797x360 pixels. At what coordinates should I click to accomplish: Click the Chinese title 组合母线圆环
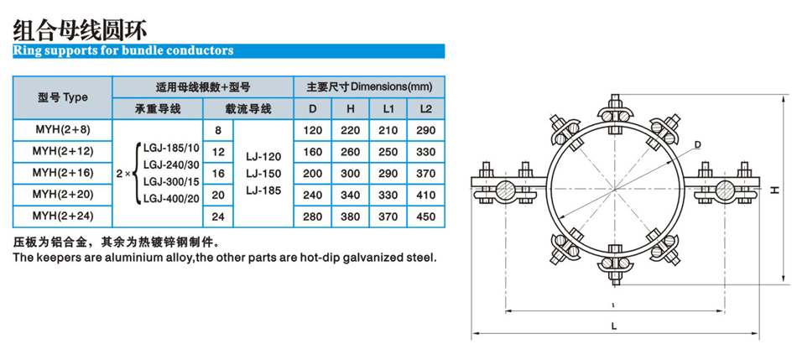(81, 29)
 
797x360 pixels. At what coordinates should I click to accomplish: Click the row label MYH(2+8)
(62, 130)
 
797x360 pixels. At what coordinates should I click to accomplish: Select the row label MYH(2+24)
(62, 215)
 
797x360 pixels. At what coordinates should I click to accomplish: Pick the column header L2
(425, 109)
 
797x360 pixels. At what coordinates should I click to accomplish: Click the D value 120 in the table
(312, 130)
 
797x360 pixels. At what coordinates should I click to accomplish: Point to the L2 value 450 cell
(425, 215)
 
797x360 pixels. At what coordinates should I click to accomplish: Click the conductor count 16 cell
(218, 173)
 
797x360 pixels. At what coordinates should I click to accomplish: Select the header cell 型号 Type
(62, 97)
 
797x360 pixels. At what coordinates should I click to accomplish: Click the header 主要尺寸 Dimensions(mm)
(369, 86)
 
